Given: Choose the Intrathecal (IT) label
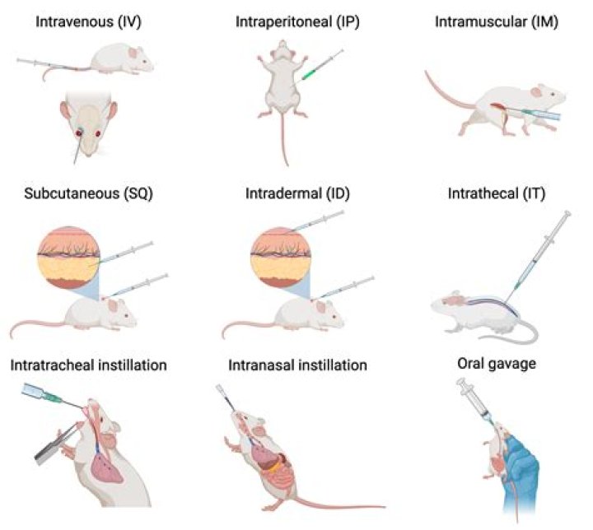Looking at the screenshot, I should click(497, 195).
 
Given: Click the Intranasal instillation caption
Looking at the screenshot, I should click(294, 364).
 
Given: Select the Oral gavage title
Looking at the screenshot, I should click(496, 364).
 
